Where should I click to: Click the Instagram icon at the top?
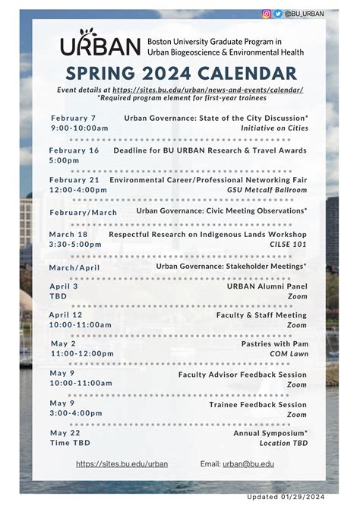pos(267,14)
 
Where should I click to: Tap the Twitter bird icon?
pos(278,14)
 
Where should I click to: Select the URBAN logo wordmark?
pos(100,45)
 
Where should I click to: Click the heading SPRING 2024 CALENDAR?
pos(181,74)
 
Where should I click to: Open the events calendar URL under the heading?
pos(208,90)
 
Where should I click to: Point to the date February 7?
pos(74,119)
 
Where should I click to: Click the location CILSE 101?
pos(289,245)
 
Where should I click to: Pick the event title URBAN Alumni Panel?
pos(267,286)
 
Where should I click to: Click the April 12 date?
pos(66,315)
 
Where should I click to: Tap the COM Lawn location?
pos(289,354)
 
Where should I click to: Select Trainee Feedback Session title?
pos(258,405)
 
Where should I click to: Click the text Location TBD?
pos(283,443)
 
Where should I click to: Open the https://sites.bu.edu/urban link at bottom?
pos(122,463)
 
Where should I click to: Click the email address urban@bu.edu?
pos(248,463)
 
